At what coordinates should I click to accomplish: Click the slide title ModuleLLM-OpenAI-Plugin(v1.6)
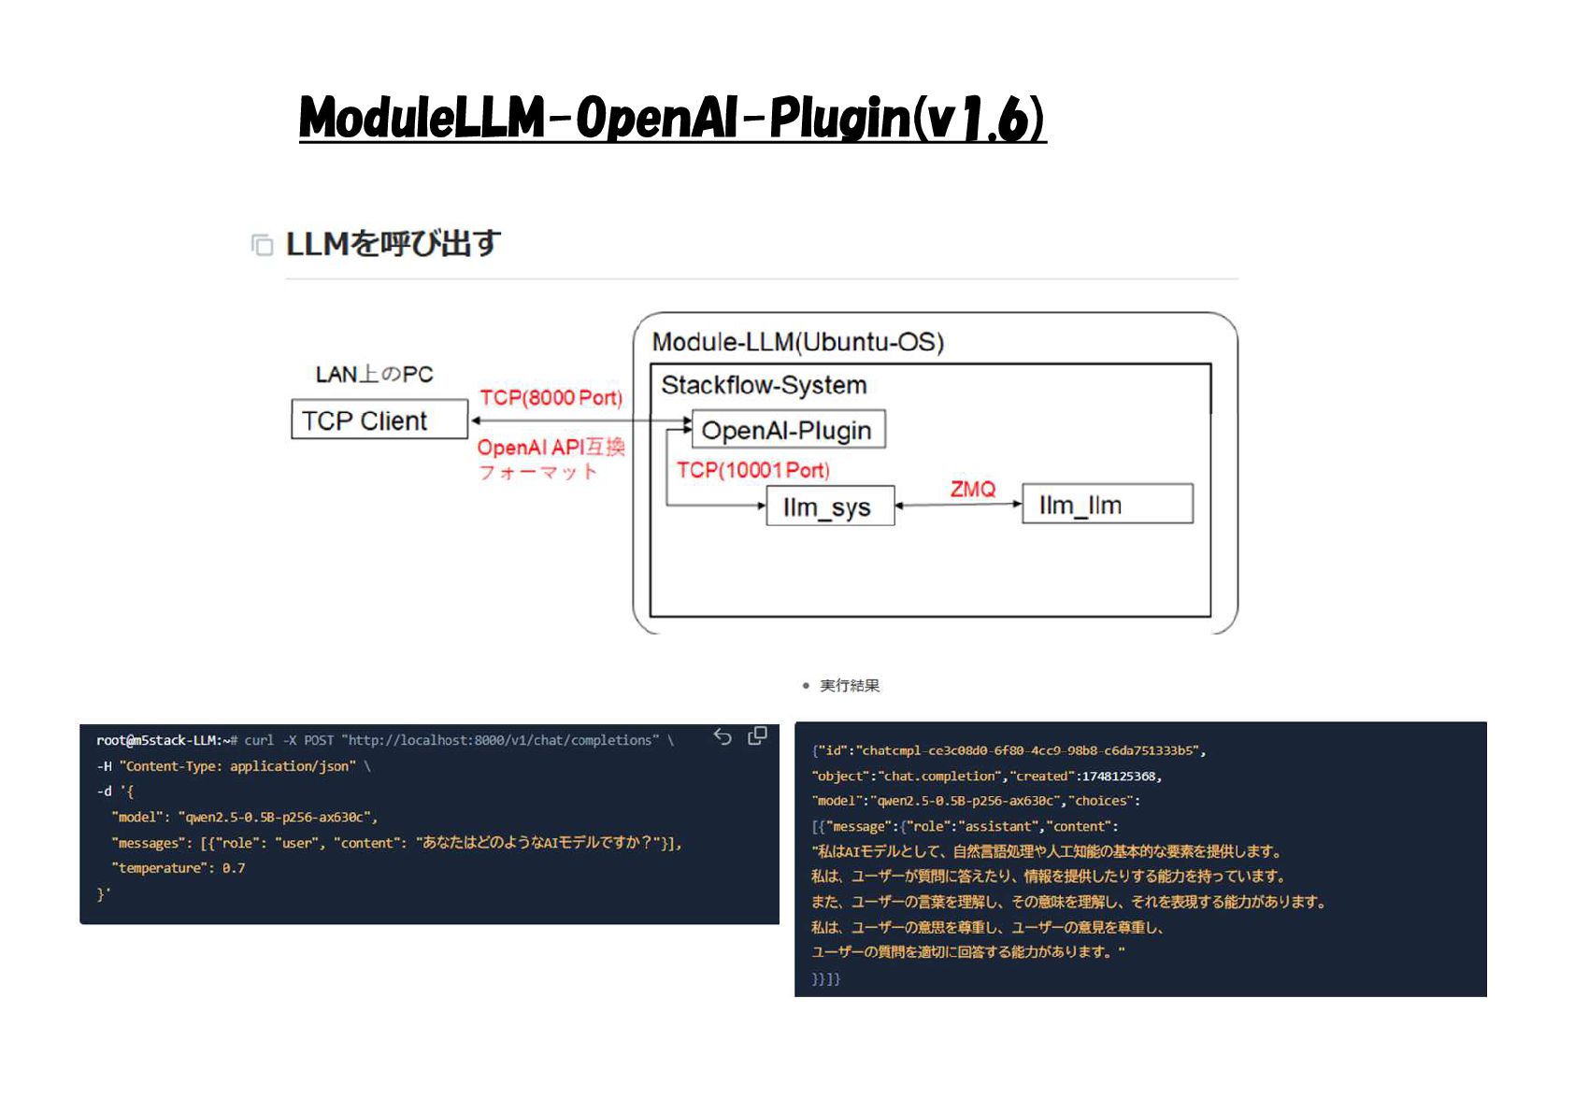point(672,119)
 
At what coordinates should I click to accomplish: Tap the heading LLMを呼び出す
point(393,244)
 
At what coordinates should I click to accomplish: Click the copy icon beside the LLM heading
point(262,245)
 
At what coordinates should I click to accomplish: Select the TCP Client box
point(379,420)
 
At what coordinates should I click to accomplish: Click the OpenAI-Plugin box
point(787,430)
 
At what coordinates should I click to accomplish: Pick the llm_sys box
point(829,506)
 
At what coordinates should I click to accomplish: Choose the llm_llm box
point(1107,505)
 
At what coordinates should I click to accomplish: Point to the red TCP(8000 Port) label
point(551,397)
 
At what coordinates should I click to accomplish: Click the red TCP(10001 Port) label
point(752,470)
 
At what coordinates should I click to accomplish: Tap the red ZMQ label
point(972,489)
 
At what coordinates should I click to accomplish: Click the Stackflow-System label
point(764,385)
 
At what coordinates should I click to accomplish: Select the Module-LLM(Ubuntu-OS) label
point(797,342)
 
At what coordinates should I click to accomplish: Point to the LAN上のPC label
point(374,374)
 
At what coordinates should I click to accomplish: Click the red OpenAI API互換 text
point(551,448)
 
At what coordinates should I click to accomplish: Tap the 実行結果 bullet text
point(849,686)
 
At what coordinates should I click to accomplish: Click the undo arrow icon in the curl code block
point(723,737)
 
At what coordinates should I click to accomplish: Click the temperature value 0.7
point(234,868)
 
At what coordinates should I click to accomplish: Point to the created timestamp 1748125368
point(1119,776)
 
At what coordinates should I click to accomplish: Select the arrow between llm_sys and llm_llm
point(958,505)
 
